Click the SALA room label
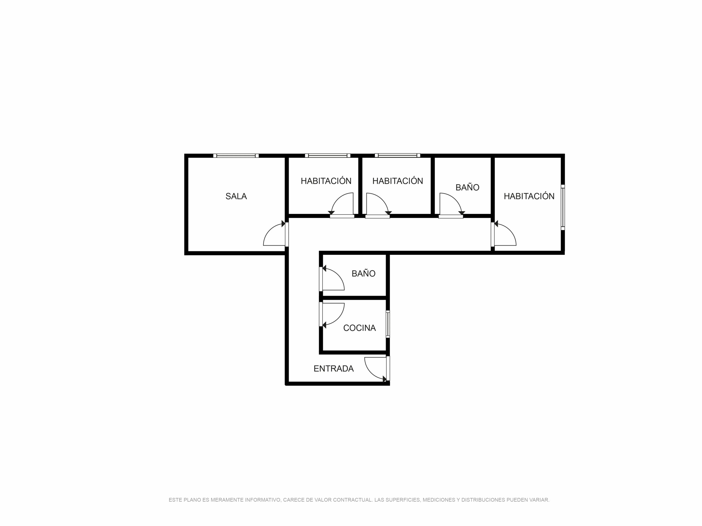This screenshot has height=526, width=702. [236, 196]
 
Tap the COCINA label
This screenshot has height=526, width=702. [359, 328]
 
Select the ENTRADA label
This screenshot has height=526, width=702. [333, 368]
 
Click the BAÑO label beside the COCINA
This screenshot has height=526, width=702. [363, 273]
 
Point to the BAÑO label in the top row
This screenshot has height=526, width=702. [467, 187]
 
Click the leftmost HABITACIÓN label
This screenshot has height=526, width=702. [326, 181]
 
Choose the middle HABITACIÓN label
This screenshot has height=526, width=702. [398, 181]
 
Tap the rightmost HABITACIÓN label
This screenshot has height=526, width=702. [529, 196]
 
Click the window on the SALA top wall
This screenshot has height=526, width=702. [236, 156]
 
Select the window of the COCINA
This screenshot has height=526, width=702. [388, 324]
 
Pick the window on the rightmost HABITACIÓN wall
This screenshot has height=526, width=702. [563, 207]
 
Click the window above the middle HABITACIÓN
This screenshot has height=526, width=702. [397, 155]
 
